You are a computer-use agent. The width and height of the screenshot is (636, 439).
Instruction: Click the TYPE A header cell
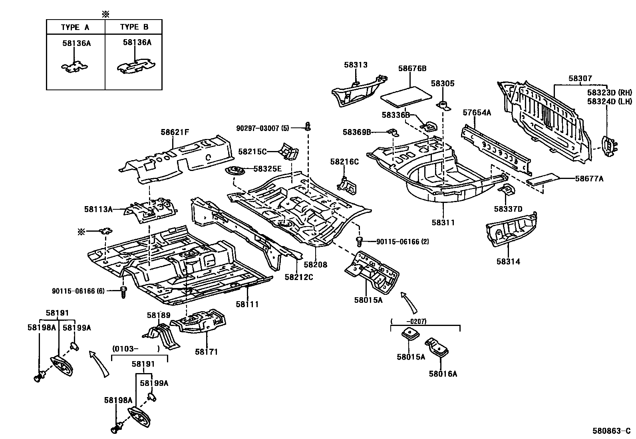click(75, 27)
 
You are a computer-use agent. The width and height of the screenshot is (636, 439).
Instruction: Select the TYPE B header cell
click(134, 27)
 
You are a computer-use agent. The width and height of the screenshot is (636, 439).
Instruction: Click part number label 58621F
click(175, 131)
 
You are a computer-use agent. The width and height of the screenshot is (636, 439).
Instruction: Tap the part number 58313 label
click(356, 65)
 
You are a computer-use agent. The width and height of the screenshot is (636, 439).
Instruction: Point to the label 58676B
click(412, 68)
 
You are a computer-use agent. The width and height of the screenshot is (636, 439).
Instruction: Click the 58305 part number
click(443, 83)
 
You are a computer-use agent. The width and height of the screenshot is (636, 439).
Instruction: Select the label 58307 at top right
click(580, 79)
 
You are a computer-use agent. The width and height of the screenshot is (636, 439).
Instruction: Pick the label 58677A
click(589, 179)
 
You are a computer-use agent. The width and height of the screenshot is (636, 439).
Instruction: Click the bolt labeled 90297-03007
click(308, 127)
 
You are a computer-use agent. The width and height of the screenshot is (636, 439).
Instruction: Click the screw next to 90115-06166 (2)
click(359, 241)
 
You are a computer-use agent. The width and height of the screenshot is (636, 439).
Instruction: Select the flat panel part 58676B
click(406, 96)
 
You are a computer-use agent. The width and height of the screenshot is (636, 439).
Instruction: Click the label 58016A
click(443, 374)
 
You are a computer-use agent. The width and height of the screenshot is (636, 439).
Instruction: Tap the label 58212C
click(299, 276)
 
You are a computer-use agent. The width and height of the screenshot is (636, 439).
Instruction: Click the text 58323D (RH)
click(609, 92)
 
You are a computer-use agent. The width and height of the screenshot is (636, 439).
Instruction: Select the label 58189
click(158, 315)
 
